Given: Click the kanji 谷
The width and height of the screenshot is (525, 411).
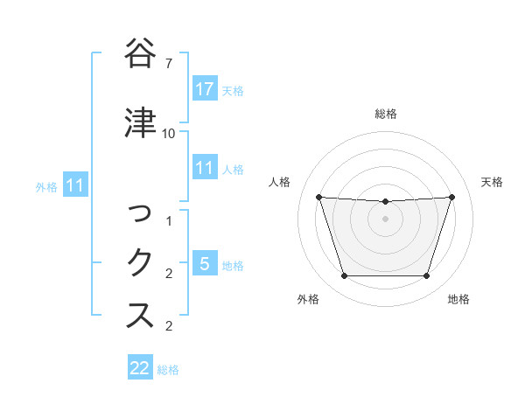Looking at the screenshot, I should pos(140,54).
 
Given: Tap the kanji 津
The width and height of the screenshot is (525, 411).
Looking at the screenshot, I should pos(140,122).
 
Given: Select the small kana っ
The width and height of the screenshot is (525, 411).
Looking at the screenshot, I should pos(140,212).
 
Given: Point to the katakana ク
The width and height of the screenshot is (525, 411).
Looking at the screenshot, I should pos(140,261).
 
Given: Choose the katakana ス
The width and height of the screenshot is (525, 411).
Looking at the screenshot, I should pos(140,315).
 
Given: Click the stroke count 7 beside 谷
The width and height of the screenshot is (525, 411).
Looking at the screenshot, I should pos(169,64).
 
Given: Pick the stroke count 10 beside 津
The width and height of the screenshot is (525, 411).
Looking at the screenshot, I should pos(169,134).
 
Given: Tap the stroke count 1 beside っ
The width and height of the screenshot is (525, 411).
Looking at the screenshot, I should pos(169,222).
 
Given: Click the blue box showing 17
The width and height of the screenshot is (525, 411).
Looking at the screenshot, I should pos(205,89).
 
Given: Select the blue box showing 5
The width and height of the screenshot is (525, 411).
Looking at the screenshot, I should pos(205,263).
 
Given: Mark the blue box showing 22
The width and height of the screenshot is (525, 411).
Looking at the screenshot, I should pos(140,368).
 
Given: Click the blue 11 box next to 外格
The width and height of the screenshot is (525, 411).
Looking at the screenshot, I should pos(75,185).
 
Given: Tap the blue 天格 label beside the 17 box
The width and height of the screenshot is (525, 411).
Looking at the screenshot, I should pos(233,90).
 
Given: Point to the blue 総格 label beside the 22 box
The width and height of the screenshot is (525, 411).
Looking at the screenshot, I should pos(168,369).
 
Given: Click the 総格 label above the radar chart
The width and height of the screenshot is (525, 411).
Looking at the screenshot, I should pos(385,114).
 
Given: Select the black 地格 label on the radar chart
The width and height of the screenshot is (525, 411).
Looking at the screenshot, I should pos(458,300).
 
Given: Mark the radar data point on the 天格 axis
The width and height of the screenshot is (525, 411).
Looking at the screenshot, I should pos(451,197).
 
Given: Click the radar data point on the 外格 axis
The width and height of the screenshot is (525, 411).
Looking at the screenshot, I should pos(344,276).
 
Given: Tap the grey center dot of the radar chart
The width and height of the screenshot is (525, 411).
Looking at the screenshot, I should pos(385,219).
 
